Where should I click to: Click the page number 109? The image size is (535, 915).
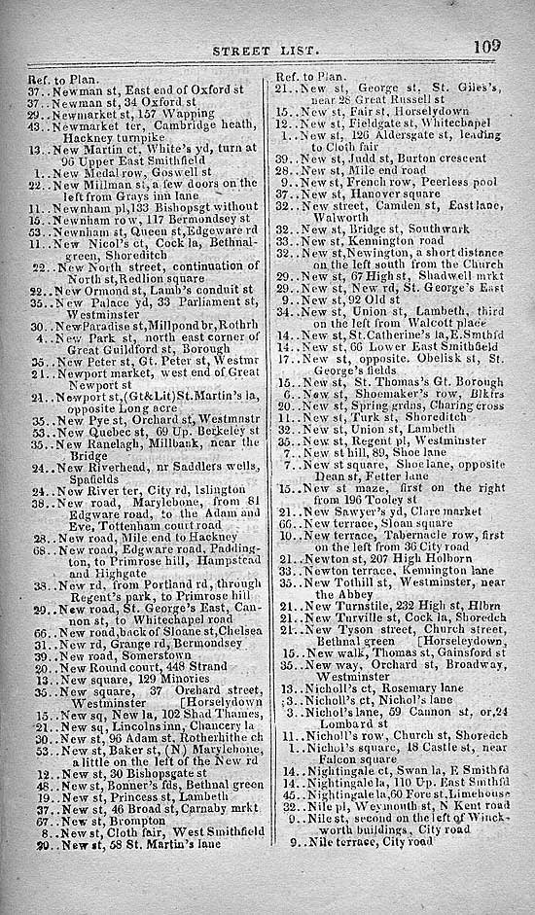point(488,44)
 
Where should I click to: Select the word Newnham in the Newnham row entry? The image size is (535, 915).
point(78,219)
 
